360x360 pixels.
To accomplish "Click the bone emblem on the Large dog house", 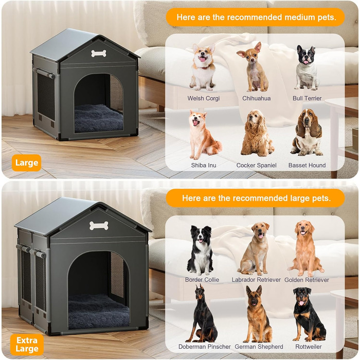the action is (x=99, y=53).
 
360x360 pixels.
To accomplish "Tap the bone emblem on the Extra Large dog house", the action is (x=99, y=226).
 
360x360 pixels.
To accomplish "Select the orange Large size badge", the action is (x=26, y=163).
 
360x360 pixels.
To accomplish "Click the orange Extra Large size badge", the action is (x=27, y=345).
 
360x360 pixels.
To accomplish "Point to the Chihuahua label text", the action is (x=257, y=98).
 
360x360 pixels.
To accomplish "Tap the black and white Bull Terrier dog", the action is (x=307, y=67).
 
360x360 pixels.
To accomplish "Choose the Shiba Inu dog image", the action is (x=204, y=135).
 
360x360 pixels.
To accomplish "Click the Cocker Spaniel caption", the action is (x=257, y=165).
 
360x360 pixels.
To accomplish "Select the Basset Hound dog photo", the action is (x=307, y=133).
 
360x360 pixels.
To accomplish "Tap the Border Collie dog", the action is (x=201, y=250).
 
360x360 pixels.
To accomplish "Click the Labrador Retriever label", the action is (x=256, y=280).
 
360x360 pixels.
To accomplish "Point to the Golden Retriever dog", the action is (x=305, y=248).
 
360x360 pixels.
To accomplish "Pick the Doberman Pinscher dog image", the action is (x=203, y=313).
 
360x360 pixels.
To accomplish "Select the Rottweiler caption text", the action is (x=309, y=347).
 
